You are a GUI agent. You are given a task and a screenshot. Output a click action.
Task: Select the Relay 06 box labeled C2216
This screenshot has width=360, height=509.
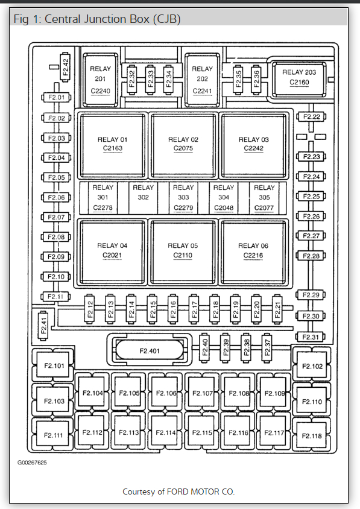tap(253, 251)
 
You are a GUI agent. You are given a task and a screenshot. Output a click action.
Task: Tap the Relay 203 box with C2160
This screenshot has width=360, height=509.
tap(299, 80)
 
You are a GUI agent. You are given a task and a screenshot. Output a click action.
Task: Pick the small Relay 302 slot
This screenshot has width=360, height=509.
tap(143, 198)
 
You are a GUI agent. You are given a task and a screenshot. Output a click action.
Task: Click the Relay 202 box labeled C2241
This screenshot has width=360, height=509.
tap(202, 80)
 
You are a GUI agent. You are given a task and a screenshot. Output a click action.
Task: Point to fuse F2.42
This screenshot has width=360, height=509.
tap(66, 67)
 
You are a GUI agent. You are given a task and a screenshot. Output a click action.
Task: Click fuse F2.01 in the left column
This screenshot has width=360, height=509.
tap(56, 97)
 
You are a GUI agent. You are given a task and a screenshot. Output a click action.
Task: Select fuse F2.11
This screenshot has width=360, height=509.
tap(56, 297)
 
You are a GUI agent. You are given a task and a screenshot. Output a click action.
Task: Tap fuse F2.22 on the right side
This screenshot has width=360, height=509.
tap(311, 117)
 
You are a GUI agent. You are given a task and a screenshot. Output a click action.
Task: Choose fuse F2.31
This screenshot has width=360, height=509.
tap(311, 337)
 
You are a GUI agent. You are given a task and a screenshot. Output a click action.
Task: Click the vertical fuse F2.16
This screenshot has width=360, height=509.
tap(173, 309)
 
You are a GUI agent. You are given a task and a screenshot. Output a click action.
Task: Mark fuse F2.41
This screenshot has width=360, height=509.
tap(43, 326)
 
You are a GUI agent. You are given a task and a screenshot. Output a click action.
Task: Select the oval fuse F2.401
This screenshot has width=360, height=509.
tap(150, 350)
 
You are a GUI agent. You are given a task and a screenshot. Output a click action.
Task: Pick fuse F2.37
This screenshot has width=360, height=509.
tap(267, 347)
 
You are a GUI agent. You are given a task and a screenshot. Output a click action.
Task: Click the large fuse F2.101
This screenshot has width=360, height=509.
tap(54, 366)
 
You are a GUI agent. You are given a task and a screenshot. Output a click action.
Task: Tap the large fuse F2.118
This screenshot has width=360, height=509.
tap(312, 435)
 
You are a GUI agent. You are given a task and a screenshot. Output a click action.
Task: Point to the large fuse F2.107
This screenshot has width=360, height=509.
tap(203, 393)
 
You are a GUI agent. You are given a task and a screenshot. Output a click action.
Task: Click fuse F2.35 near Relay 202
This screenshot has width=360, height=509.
tap(238, 79)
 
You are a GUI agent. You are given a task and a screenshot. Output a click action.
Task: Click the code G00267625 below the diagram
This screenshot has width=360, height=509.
tap(32, 463)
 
